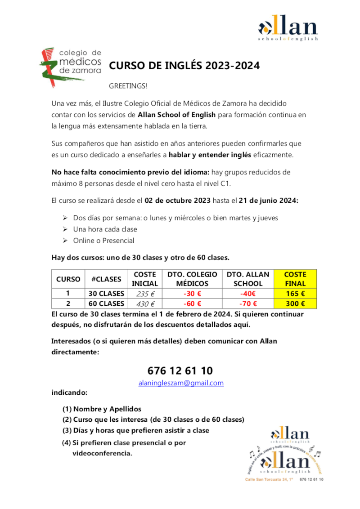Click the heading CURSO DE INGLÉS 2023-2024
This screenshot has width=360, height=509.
[185, 66]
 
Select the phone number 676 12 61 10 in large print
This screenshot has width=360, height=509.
[180, 371]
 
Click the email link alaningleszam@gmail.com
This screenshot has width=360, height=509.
[180, 383]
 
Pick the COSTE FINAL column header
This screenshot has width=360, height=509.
[295, 279]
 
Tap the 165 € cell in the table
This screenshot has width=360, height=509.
[295, 294]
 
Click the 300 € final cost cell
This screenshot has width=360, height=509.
[295, 304]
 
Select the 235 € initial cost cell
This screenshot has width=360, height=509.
[144, 294]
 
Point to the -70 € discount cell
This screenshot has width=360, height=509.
[247, 304]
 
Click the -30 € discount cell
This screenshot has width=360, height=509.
[192, 294]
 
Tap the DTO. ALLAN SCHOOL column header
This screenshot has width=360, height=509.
[247, 279]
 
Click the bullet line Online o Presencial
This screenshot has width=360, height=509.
[103, 241]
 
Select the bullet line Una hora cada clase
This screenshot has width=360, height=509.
[105, 229]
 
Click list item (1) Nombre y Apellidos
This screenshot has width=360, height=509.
[102, 409]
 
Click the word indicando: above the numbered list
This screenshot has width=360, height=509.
[69, 393]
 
